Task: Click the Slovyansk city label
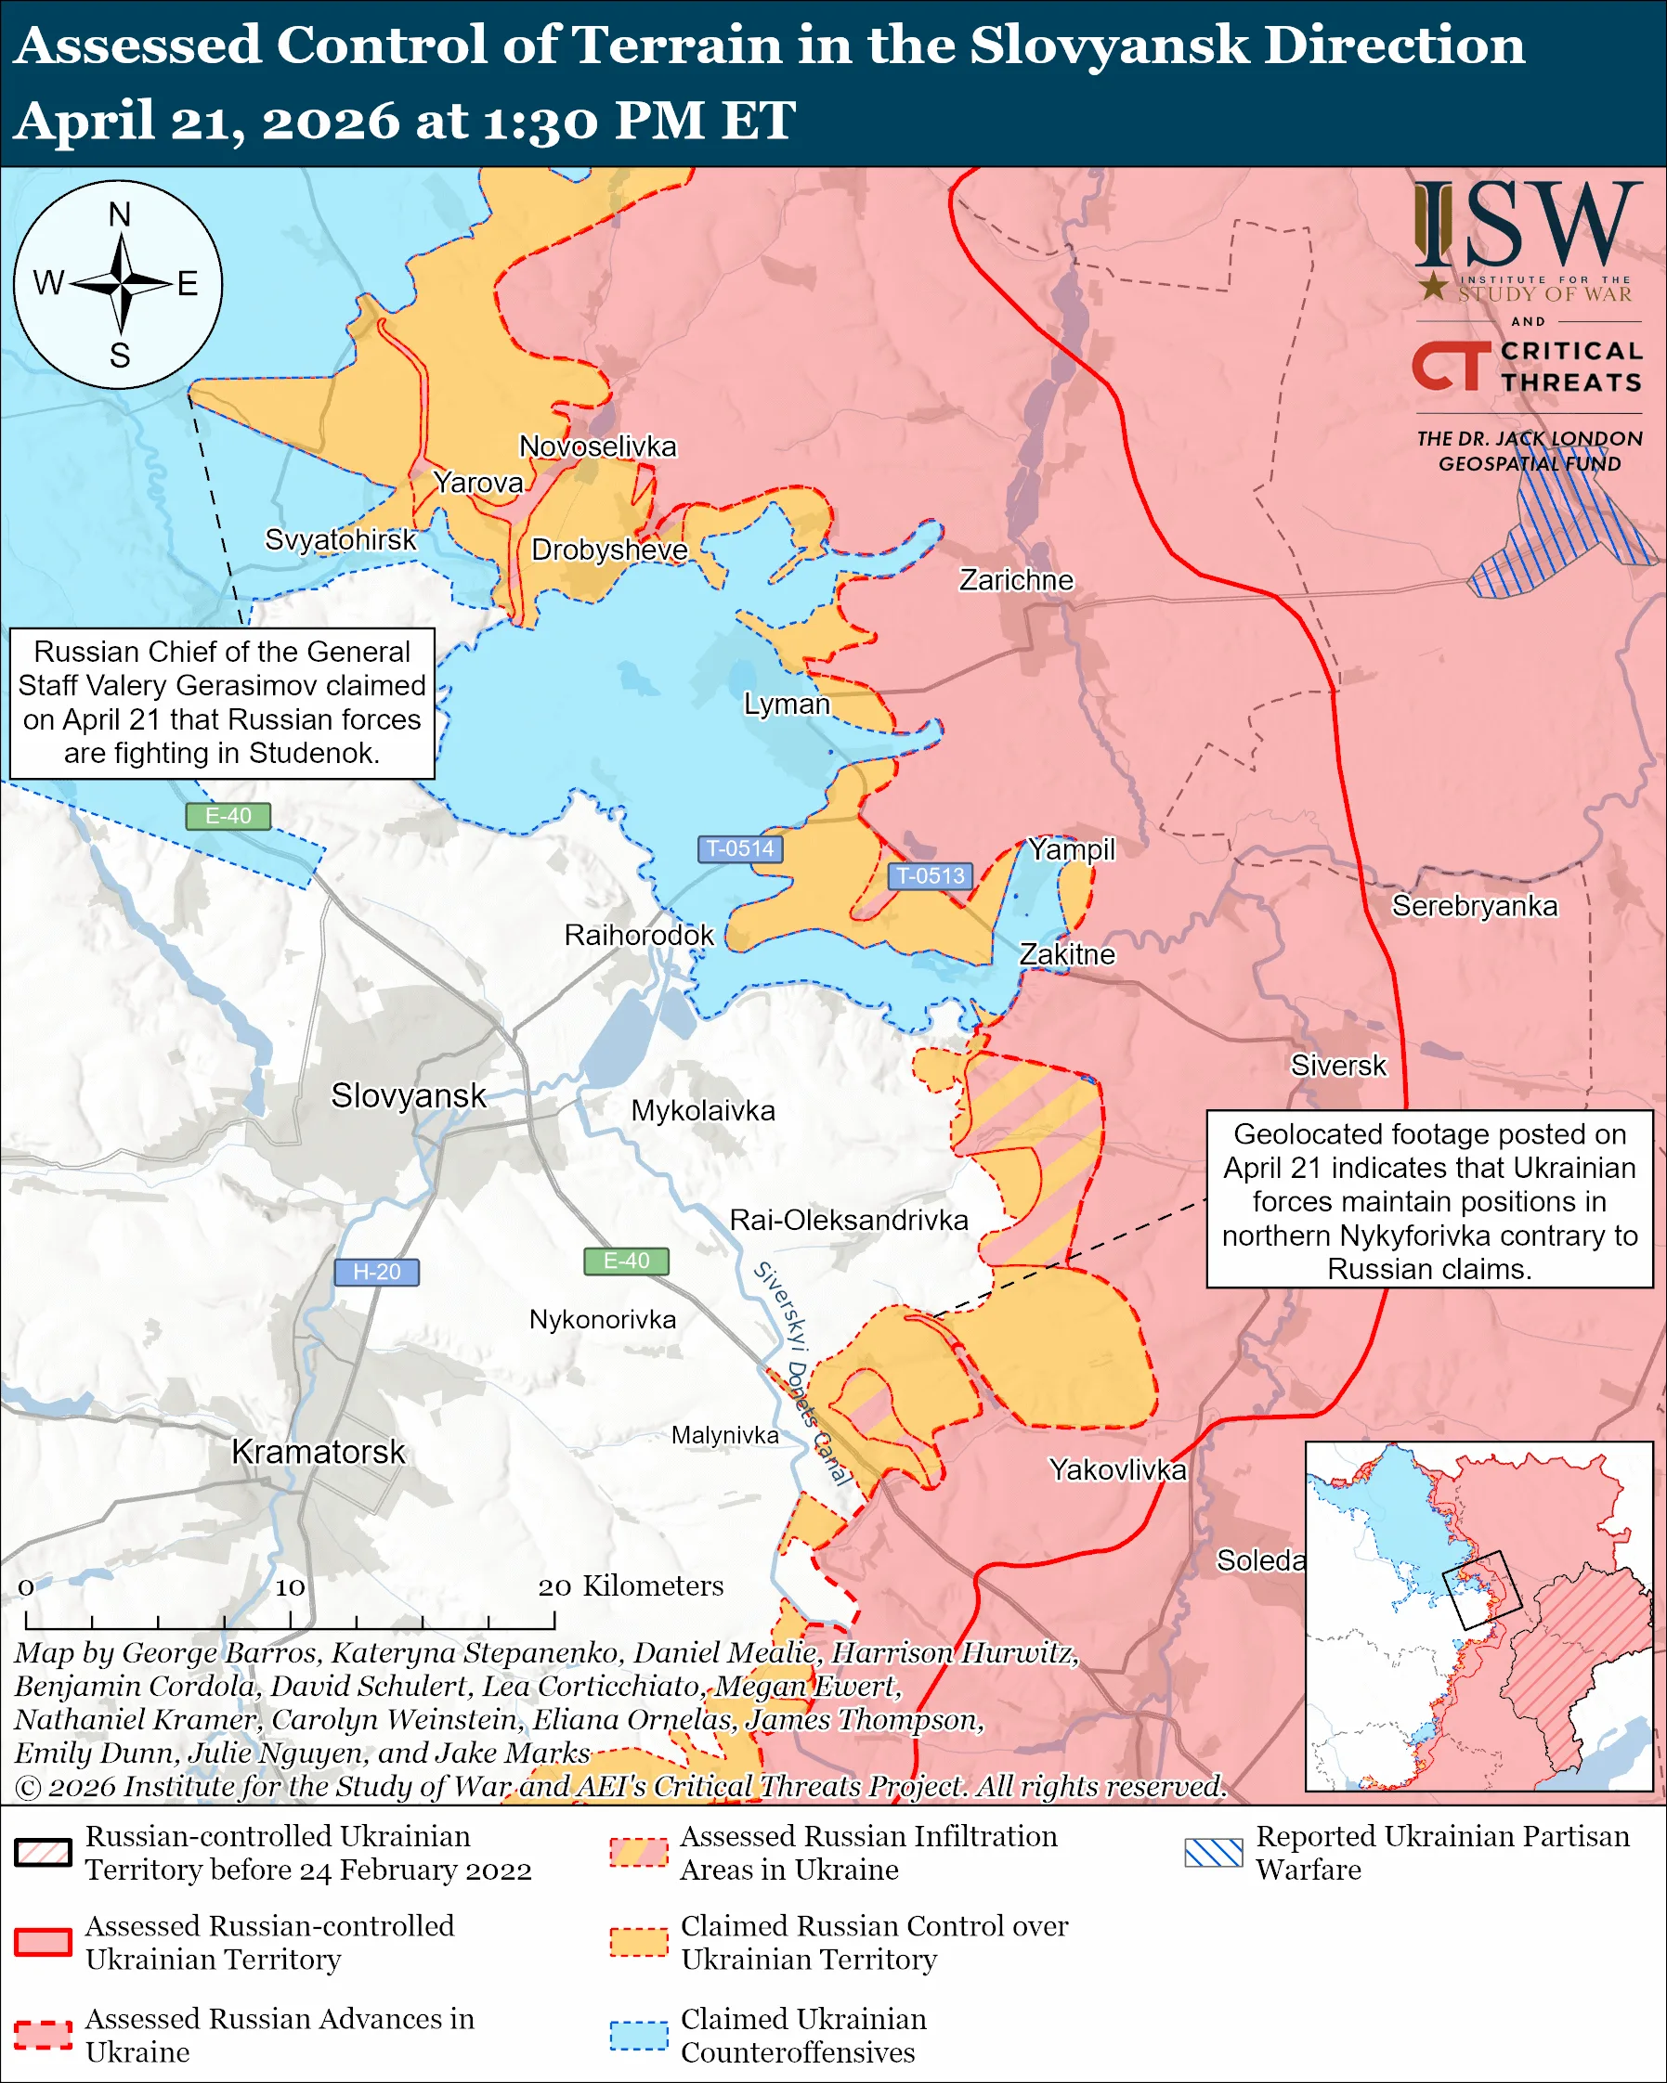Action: coord(408,1095)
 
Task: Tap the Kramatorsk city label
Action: coord(318,1451)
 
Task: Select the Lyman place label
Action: coord(787,704)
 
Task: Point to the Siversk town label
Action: coord(1338,1065)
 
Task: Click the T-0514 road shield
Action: coord(740,848)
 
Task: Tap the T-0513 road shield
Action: coord(930,875)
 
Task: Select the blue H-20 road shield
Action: coord(376,1272)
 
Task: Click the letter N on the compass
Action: coord(119,214)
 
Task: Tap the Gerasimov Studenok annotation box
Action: coord(222,703)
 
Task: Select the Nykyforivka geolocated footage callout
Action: coord(1429,1199)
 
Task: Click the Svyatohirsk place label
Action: coord(340,539)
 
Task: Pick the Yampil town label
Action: coord(1071,849)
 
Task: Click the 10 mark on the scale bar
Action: coord(290,1586)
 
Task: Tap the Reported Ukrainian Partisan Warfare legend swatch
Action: coord(1214,1853)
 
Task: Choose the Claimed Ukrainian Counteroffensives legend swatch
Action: coord(639,2035)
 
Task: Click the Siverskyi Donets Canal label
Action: coord(802,1373)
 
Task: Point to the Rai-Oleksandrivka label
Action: coord(849,1220)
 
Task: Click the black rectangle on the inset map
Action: coord(1481,1590)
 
